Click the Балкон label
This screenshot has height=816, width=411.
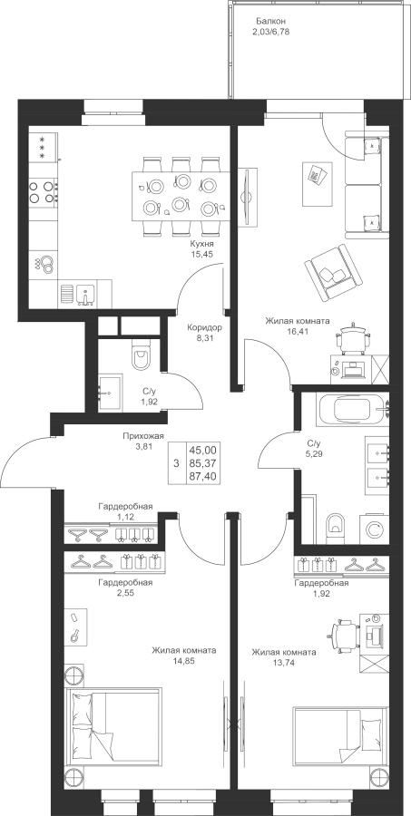tap(271, 22)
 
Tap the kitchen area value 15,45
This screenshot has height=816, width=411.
tap(203, 254)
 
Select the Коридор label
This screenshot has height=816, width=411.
tap(205, 327)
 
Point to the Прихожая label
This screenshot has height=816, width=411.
tap(143, 436)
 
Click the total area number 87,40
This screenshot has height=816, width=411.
tap(205, 475)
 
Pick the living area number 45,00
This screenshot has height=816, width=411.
tap(205, 449)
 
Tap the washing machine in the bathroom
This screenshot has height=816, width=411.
tap(374, 529)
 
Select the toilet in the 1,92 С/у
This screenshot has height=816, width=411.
tap(140, 355)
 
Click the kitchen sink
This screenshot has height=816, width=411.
tap(85, 295)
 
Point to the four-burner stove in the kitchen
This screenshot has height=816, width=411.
tap(43, 191)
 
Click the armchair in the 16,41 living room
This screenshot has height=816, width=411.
tap(333, 273)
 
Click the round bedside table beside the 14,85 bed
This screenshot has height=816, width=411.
tap(74, 674)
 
